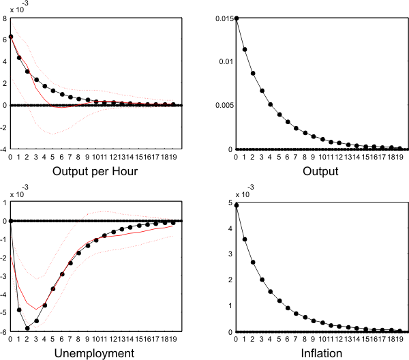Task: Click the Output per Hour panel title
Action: tap(96, 171)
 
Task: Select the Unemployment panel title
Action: tap(96, 353)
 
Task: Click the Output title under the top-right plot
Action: tap(320, 171)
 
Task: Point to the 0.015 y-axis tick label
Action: tap(222, 18)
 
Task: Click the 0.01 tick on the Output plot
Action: tap(224, 61)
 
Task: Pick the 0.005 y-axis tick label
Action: tap(222, 105)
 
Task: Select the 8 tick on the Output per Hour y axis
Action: tap(5, 18)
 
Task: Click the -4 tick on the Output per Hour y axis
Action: tap(4, 149)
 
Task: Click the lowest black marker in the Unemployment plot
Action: tap(27, 328)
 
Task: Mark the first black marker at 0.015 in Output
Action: tap(236, 18)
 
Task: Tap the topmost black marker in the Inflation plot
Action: tap(236, 205)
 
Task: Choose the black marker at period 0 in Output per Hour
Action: tap(11, 36)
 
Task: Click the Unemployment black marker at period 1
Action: tap(19, 310)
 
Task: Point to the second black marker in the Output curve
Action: tap(245, 49)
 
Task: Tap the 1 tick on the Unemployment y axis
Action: tap(5, 202)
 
